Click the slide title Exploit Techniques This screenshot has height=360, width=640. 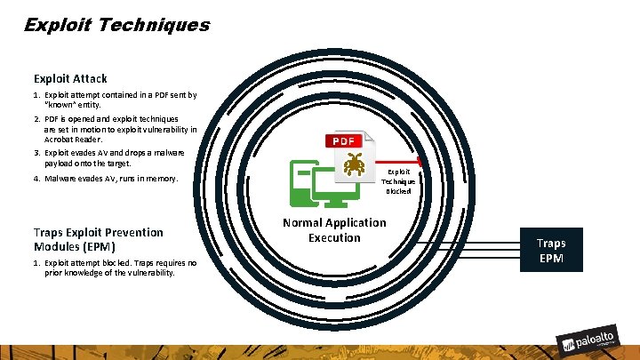116,24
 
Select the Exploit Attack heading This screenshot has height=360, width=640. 70,79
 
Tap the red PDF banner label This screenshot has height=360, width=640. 343,140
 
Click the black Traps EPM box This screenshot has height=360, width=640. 550,251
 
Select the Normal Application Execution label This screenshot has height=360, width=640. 334,230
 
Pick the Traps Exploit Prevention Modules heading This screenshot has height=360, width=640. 98,239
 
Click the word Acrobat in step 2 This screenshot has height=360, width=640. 60,139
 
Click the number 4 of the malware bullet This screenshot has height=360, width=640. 36,178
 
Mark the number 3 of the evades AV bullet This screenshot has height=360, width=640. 36,153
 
